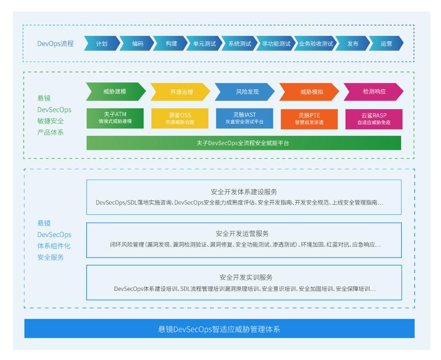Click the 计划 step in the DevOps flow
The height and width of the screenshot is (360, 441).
pos(102,44)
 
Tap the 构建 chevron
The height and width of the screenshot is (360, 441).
pos(171,44)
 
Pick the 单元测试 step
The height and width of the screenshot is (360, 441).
pos(204,44)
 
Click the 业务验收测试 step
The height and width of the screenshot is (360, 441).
pos(316,44)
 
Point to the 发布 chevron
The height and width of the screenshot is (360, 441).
pos(353,44)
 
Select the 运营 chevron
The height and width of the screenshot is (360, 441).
pos(386,44)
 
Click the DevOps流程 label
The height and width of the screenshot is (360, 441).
pos(56,44)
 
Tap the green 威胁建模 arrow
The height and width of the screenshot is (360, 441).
pos(115,91)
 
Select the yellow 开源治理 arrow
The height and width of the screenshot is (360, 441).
pos(182,92)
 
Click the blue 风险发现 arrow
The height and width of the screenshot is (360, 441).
pos(247,92)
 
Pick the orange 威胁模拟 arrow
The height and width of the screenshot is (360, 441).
pos(311,92)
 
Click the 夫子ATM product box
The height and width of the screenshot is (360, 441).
pos(115,118)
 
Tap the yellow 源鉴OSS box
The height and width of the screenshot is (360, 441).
pos(180,118)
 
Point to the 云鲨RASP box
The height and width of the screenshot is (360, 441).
pos(373,118)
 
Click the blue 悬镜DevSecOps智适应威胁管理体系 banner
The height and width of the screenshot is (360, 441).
pos(219,329)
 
